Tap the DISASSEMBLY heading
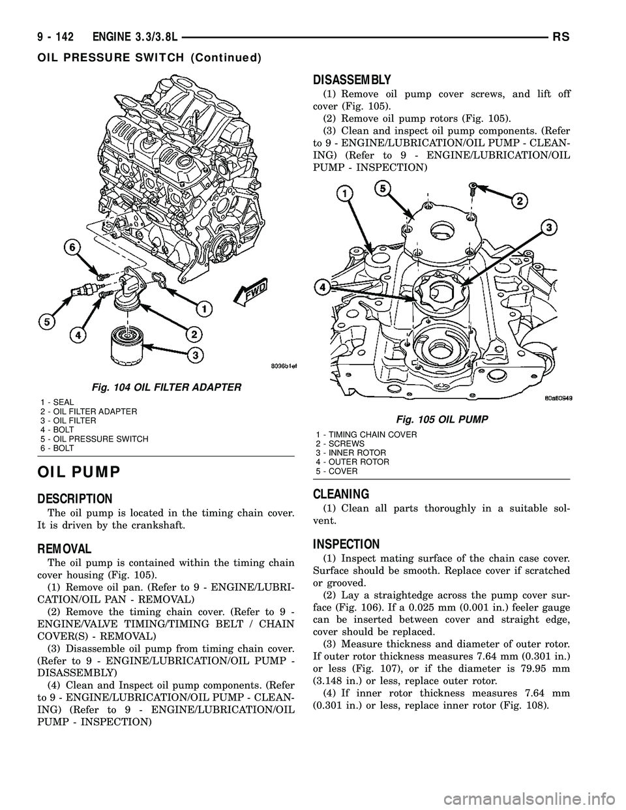click(351, 80)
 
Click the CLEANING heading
click(342, 494)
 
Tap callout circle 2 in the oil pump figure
click(519, 201)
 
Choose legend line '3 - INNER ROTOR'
click(350, 453)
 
